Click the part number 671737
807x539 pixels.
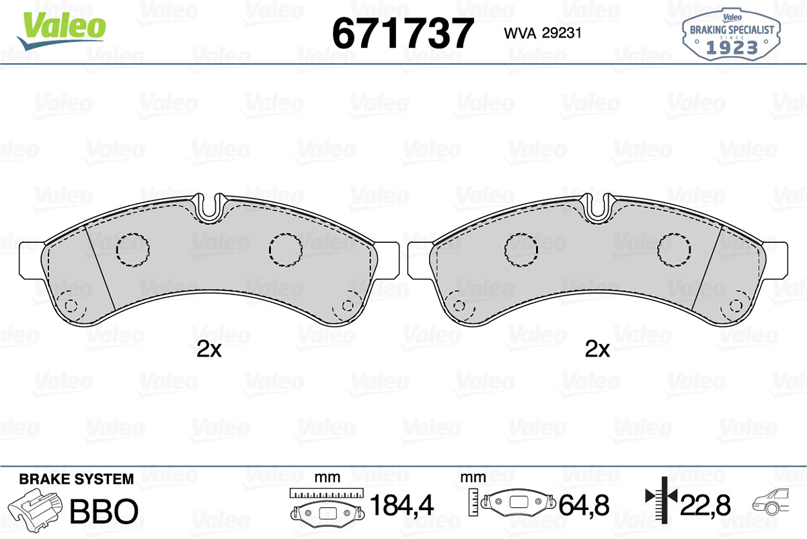point(403,33)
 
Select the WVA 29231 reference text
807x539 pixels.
point(543,33)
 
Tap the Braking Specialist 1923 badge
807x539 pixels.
point(732,34)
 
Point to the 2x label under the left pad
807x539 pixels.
point(209,349)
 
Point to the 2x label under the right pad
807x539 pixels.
point(597,349)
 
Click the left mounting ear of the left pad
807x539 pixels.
point(32,260)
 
